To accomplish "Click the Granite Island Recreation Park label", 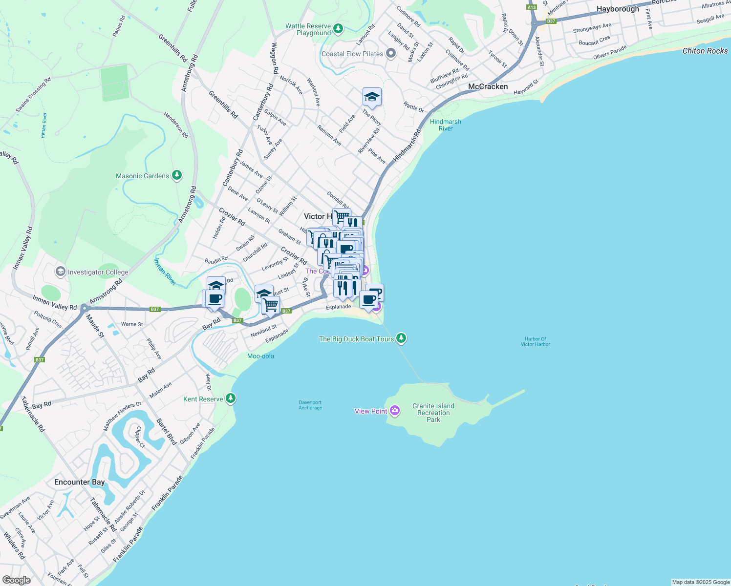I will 433,413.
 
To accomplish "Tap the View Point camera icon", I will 395,411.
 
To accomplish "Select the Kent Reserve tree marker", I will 231,398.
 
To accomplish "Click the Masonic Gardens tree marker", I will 177,175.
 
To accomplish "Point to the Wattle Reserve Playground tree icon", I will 338,29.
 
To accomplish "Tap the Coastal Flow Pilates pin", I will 390,53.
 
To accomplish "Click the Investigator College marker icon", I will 60,272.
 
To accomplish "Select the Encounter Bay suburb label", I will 79,482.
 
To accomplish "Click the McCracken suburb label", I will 488,86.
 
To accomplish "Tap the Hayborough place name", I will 618,9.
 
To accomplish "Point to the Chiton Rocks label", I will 705,51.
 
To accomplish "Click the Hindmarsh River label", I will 445,125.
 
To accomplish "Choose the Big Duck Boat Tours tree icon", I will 401,338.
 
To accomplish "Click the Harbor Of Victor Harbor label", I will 535,341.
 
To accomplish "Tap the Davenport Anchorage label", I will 310,405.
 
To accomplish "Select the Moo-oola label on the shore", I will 260,356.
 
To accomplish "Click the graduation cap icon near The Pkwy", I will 372,97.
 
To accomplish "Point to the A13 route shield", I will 532,7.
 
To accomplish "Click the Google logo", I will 17,580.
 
